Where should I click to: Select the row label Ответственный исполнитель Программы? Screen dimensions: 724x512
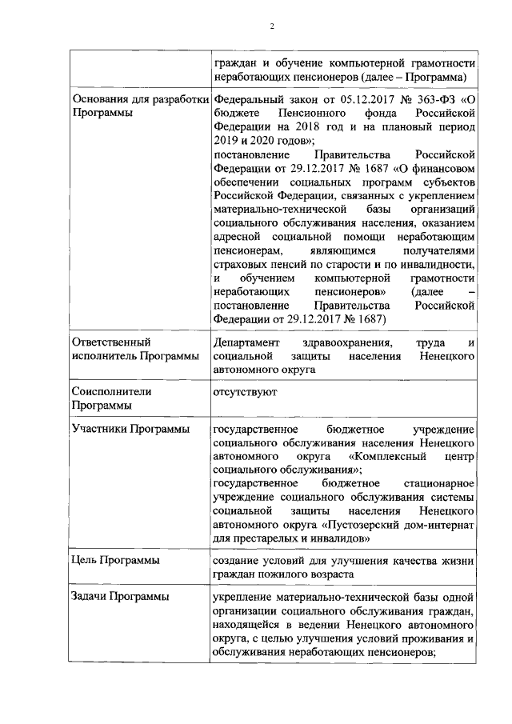pos(136,350)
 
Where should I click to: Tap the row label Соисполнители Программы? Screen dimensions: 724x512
pos(113,399)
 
